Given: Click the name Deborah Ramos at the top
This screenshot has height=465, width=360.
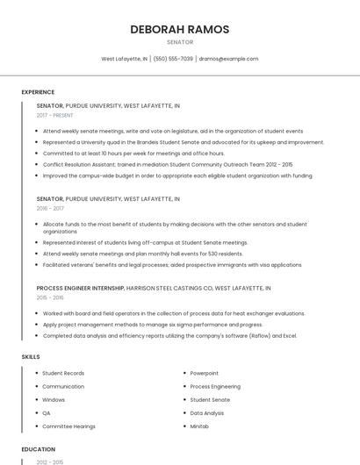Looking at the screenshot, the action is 180,29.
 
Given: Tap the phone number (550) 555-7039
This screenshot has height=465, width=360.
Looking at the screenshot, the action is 173,59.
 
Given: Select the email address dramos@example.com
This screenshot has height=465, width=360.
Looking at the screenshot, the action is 228,59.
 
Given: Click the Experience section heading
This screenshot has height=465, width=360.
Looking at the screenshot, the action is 38,92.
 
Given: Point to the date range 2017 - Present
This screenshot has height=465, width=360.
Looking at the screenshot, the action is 55,115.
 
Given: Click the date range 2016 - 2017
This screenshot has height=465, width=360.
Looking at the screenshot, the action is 50,209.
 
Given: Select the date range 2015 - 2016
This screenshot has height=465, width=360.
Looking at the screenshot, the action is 50,297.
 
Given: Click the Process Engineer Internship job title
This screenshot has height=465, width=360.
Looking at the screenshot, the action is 81,288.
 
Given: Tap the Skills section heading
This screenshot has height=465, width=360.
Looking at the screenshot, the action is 31,357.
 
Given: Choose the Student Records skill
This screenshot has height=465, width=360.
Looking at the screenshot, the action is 63,373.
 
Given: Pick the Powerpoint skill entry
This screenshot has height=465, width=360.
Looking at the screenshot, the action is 205,373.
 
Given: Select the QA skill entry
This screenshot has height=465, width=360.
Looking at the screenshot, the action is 47,412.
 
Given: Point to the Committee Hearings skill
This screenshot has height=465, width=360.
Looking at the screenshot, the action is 68,426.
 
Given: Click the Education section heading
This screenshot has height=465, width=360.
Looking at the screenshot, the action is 38,449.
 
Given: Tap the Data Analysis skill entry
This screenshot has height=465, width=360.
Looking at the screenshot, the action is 207,412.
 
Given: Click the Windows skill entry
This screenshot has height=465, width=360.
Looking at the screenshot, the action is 54,399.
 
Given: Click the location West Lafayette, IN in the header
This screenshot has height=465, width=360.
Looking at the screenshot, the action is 125,59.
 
